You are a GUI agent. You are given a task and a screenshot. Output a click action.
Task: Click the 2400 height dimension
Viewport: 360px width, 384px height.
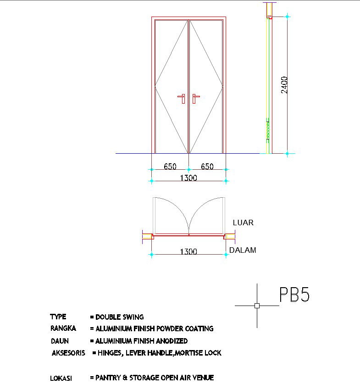[284, 85]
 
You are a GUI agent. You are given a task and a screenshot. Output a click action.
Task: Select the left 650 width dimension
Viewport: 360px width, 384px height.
[170, 167]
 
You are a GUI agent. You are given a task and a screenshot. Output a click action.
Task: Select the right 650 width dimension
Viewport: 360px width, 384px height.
[207, 167]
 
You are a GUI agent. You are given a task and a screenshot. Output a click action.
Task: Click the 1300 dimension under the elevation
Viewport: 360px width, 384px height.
[188, 178]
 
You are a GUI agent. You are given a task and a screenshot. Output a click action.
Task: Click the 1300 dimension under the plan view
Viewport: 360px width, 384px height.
[188, 252]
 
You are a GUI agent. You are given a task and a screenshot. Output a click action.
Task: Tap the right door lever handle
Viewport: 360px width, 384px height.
[195, 98]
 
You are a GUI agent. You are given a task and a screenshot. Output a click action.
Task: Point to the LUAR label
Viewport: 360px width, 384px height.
[243, 223]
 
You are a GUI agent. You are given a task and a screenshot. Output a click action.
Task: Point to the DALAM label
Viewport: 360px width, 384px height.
[243, 250]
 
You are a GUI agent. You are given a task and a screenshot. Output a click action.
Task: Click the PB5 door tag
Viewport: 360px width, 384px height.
[294, 295]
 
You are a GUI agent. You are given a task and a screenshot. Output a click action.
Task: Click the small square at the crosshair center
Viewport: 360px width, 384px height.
[257, 306]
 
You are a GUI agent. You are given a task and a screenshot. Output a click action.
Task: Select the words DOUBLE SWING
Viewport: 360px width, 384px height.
[120, 317]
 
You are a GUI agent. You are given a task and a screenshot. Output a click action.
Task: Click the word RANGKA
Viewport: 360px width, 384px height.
[63, 328]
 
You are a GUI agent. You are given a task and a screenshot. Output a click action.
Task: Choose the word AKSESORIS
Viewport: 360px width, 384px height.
[68, 353]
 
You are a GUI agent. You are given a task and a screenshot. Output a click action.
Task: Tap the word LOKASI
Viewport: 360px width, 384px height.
[61, 378]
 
